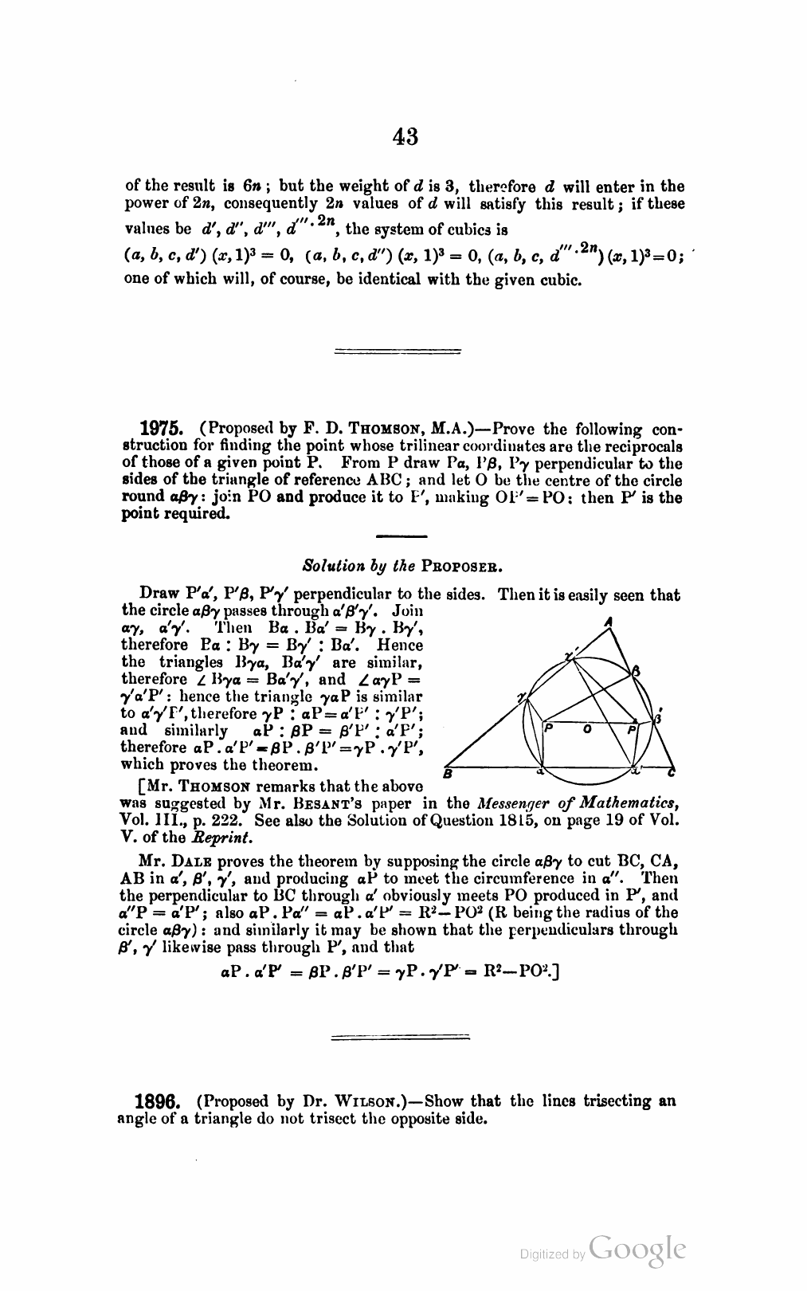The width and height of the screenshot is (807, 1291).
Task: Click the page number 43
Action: click(x=405, y=137)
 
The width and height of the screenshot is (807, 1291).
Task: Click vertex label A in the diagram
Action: click(x=608, y=622)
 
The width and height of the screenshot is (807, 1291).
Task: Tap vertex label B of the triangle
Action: click(x=448, y=774)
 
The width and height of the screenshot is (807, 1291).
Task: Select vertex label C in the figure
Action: click(x=672, y=772)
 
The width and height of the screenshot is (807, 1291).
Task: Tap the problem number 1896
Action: click(x=162, y=1101)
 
